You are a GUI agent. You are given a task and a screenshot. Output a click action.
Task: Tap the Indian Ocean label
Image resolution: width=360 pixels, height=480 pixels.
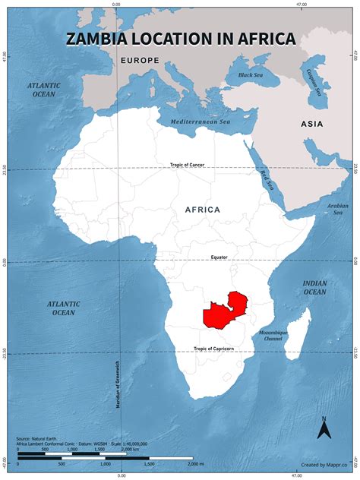click(314, 287)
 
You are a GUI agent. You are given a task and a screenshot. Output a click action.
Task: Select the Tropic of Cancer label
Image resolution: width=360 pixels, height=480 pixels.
click(187, 165)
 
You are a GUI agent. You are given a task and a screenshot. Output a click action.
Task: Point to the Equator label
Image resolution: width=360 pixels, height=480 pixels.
click(219, 257)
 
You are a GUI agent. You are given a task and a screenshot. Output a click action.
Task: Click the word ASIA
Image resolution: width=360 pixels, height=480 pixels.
click(311, 124)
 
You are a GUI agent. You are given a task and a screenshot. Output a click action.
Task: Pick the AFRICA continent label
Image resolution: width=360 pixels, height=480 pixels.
click(202, 210)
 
